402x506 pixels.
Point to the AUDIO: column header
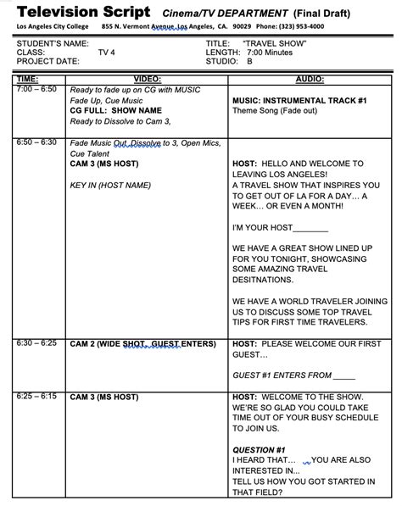309,79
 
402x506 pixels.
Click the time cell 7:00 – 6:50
36,88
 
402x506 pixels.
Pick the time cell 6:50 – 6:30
36,142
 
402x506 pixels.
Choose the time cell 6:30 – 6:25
36,343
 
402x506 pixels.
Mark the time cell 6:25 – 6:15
36,396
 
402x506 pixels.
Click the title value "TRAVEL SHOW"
274,42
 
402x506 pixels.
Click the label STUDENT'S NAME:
52,42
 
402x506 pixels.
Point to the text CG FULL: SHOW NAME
115,109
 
